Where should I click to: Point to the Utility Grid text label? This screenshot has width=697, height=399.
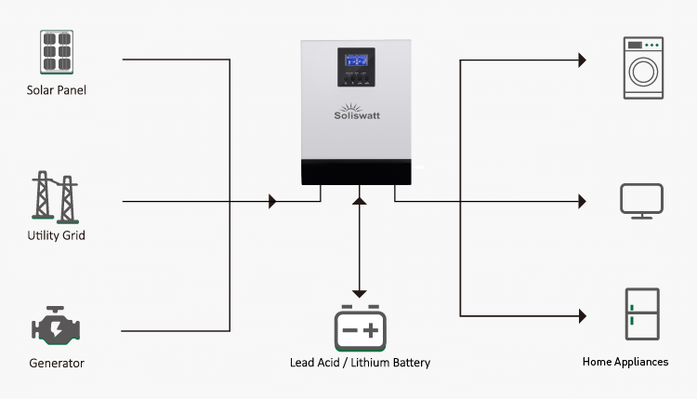(56, 235)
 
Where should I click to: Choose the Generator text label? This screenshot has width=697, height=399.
(56, 363)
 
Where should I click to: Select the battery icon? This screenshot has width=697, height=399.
(360, 327)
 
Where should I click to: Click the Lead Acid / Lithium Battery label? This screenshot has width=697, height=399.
(360, 363)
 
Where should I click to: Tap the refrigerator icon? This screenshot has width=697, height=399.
(642, 314)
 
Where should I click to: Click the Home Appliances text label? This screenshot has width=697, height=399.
(625, 362)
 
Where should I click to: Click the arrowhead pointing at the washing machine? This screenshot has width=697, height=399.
(582, 60)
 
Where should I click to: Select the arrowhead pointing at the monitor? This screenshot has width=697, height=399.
(582, 201)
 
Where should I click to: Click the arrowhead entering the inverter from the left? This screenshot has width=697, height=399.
(272, 201)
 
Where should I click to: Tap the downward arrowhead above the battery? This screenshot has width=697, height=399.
(360, 293)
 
